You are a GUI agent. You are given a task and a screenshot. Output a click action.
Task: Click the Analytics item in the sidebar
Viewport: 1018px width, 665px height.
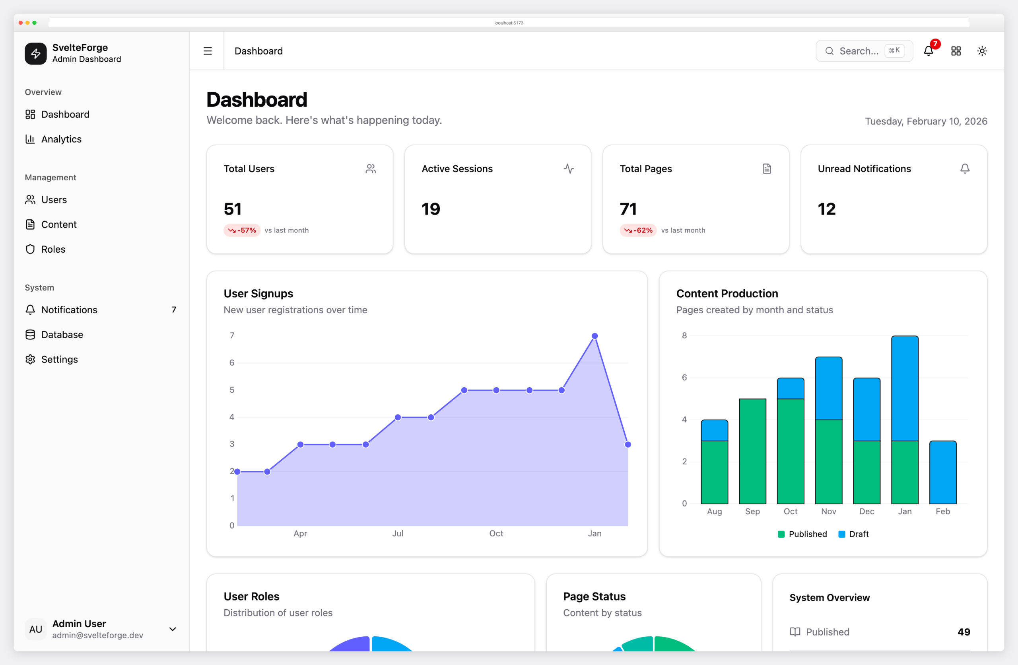click(x=61, y=139)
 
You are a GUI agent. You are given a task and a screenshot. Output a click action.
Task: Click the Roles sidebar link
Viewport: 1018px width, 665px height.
click(x=53, y=249)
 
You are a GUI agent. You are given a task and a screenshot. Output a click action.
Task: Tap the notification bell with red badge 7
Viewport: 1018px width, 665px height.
click(x=928, y=51)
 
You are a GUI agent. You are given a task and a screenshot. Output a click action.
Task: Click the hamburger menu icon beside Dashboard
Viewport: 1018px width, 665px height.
click(x=208, y=51)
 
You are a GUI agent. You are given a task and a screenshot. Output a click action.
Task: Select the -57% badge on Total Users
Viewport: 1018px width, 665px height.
click(x=242, y=230)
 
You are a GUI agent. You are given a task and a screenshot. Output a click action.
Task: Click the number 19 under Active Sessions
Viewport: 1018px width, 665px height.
click(x=430, y=209)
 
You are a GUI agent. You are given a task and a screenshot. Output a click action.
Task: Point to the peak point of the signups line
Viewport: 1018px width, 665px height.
click(x=594, y=336)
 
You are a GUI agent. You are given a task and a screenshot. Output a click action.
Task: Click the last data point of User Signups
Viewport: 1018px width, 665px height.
click(x=628, y=445)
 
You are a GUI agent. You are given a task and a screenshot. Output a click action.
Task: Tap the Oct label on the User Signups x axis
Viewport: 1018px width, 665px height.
click(x=496, y=533)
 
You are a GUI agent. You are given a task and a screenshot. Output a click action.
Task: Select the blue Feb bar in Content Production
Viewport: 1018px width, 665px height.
click(x=943, y=472)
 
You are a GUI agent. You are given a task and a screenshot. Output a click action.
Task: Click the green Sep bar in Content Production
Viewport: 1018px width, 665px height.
click(x=752, y=451)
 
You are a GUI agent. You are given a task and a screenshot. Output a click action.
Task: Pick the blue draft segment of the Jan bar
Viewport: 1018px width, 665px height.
click(x=905, y=388)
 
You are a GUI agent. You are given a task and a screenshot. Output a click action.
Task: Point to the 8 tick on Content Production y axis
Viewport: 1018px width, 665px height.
click(x=684, y=335)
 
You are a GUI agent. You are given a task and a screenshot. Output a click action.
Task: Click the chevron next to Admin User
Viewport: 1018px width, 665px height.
click(x=173, y=629)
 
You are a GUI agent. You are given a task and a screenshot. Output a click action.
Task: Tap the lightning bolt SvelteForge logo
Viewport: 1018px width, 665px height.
click(x=35, y=53)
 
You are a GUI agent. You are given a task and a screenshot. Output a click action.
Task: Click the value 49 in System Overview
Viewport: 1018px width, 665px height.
click(x=963, y=632)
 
